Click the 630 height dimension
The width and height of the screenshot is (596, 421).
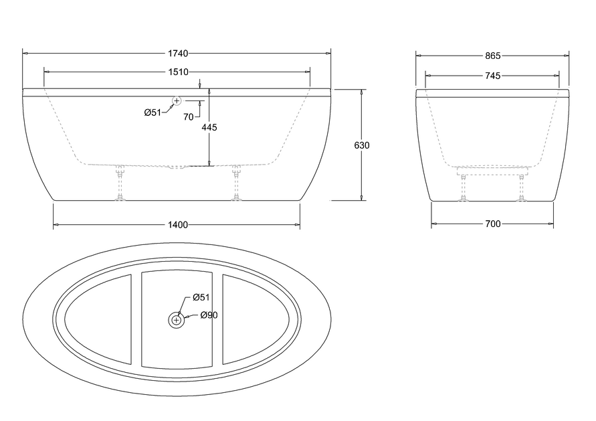coord(363,145)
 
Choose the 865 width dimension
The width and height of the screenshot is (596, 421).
coord(492,56)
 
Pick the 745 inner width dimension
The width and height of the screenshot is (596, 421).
coord(492,76)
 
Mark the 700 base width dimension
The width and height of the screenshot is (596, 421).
coord(492,225)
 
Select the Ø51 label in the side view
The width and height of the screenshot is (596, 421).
coord(153,112)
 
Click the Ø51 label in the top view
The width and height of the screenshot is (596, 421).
coord(201,297)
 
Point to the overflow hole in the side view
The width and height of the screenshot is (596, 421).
coord(177,101)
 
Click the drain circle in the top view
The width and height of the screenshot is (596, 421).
coord(177,321)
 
